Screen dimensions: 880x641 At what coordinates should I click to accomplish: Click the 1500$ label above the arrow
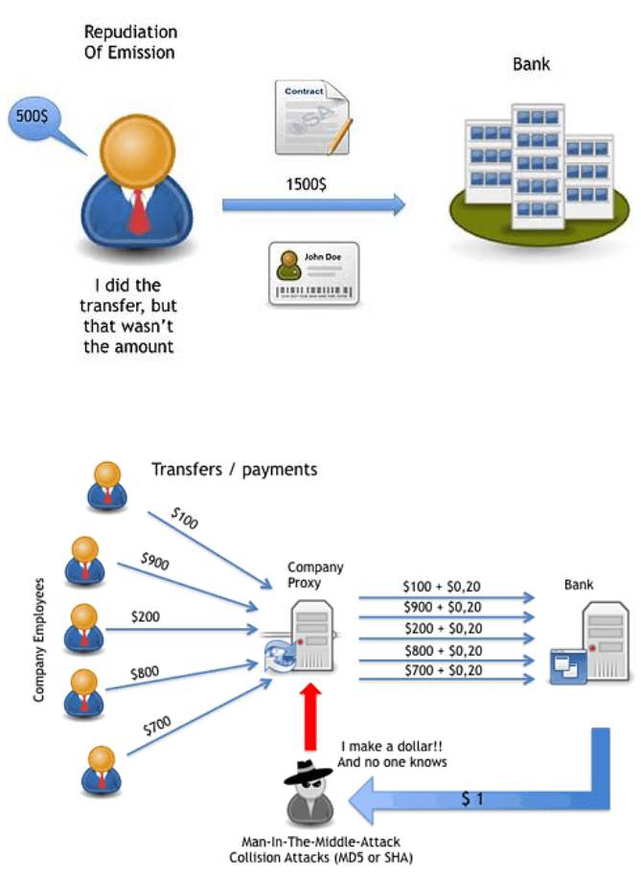306,184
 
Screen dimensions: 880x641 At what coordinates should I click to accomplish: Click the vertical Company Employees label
39,640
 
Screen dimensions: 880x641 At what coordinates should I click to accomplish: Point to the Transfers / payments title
234,470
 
